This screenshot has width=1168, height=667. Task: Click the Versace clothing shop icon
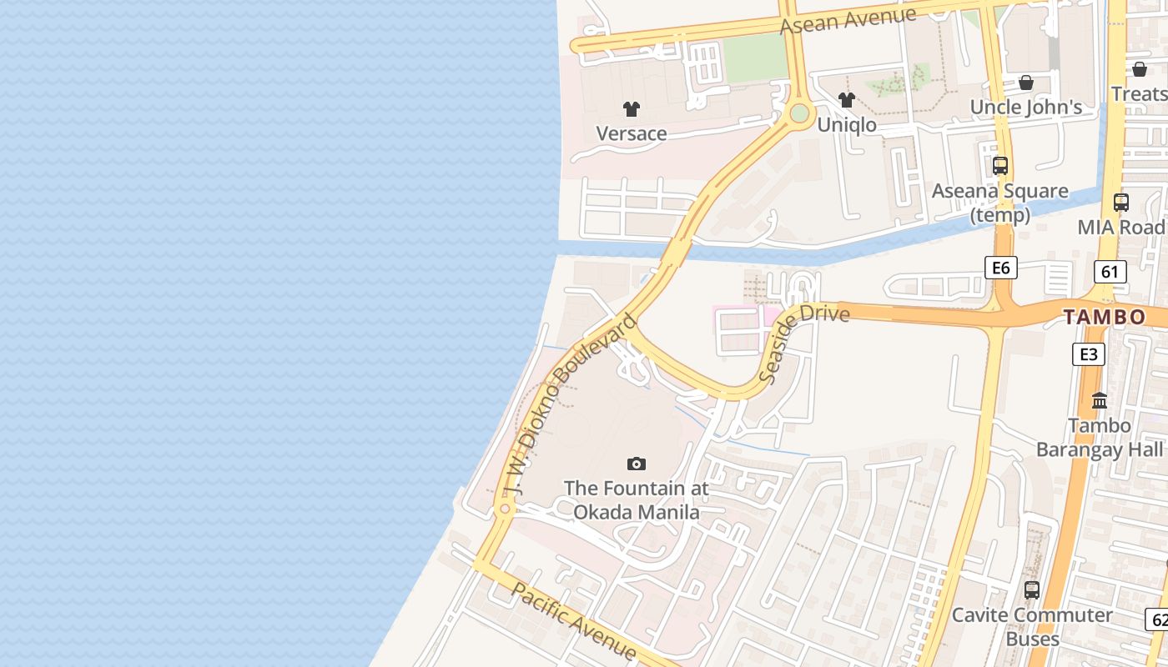click(x=632, y=109)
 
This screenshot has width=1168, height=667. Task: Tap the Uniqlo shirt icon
click(x=847, y=101)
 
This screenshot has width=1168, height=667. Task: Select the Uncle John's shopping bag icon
click(x=1026, y=83)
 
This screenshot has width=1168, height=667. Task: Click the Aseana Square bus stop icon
click(x=1000, y=166)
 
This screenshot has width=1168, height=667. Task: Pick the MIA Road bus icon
click(x=1121, y=203)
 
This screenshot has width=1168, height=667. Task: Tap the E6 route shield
click(x=1000, y=268)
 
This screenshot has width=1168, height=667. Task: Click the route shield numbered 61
click(x=1110, y=271)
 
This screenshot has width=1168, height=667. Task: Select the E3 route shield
click(x=1088, y=354)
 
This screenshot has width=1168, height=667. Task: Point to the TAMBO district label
click(x=1104, y=318)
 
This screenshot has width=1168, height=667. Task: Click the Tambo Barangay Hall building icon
click(x=1099, y=401)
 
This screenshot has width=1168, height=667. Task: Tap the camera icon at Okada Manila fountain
click(x=637, y=464)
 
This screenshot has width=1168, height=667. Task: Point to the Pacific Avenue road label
click(x=574, y=622)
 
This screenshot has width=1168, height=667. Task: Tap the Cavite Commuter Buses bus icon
click(x=1032, y=590)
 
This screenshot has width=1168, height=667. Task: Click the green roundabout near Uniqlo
click(x=799, y=113)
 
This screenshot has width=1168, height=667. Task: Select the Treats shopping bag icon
click(x=1139, y=69)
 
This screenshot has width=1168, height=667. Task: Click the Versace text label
click(x=632, y=133)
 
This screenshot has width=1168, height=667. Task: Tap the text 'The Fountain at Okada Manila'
click(x=637, y=499)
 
